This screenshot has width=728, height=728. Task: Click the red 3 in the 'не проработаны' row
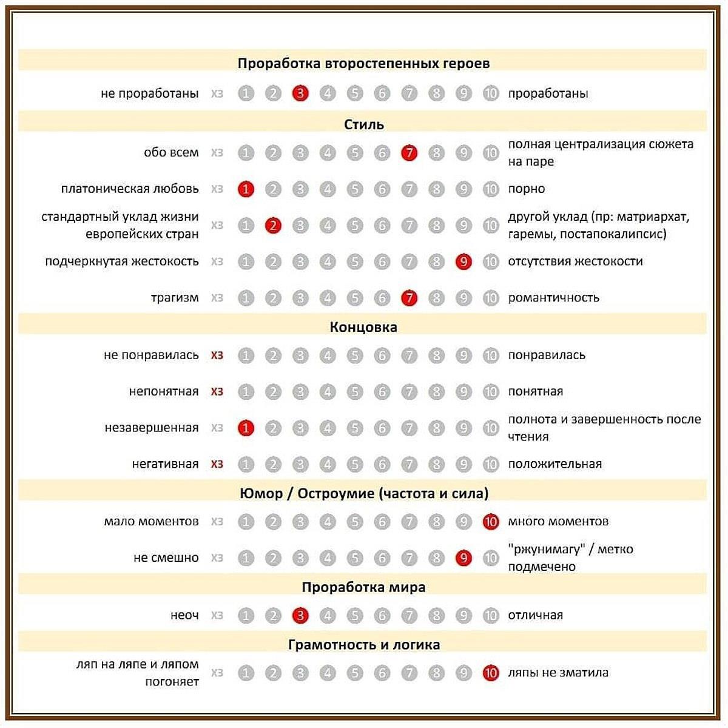[x=300, y=93]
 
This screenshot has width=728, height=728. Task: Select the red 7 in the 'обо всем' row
[x=409, y=153]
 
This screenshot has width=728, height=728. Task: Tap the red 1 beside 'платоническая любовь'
[x=246, y=189]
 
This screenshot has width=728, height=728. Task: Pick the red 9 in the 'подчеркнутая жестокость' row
[x=463, y=262]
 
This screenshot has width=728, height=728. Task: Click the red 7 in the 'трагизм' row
[x=409, y=298]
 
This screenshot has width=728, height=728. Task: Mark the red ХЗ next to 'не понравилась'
[x=217, y=356]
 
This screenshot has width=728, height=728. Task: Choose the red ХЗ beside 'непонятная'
[x=217, y=392]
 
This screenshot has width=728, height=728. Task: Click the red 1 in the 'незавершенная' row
[x=246, y=428]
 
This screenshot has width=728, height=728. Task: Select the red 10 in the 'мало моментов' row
[x=491, y=522]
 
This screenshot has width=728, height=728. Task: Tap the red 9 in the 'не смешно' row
[x=463, y=558]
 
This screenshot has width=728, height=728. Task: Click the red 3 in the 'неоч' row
[x=300, y=616]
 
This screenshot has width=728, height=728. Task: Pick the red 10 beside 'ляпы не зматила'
[x=491, y=673]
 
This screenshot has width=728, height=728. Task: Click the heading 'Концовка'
[x=363, y=327]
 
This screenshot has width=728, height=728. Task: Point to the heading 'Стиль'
[x=363, y=124]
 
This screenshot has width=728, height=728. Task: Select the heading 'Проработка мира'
[x=363, y=587]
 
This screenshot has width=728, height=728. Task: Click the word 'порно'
[x=526, y=189]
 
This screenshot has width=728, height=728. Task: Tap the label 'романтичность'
[x=553, y=297]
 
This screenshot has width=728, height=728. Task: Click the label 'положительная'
[x=554, y=464]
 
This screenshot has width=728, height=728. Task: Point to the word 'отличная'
[x=535, y=615]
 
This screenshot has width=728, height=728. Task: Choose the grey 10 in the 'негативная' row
[x=491, y=465]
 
